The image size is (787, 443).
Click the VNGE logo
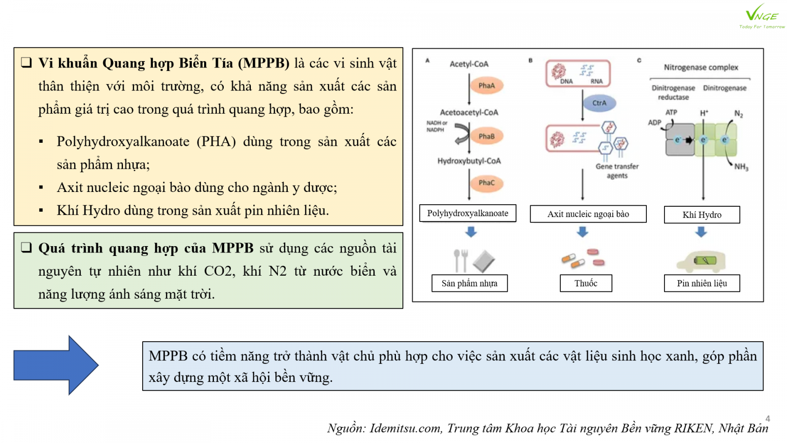(761, 16)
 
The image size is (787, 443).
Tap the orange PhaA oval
(486, 86)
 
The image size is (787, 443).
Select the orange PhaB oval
(486, 136)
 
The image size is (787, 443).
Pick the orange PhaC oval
(486, 183)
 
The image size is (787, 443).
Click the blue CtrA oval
(599, 103)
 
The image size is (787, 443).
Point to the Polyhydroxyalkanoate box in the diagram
(468, 214)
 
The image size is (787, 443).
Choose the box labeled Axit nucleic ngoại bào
(588, 214)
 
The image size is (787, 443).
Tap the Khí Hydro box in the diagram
(702, 215)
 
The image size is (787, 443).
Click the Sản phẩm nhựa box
(469, 284)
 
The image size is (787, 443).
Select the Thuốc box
(586, 284)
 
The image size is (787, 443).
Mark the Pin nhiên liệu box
(702, 284)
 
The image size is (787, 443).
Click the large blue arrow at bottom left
(56, 365)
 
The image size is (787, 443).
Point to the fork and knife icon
(460, 260)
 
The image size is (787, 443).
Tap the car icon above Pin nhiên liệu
(701, 261)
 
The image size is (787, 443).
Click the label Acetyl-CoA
(469, 64)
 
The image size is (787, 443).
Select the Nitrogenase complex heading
(701, 67)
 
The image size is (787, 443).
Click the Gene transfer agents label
(617, 171)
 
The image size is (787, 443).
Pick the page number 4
(767, 418)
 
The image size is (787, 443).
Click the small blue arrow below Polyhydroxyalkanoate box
(471, 232)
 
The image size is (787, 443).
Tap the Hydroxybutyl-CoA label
(469, 161)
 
